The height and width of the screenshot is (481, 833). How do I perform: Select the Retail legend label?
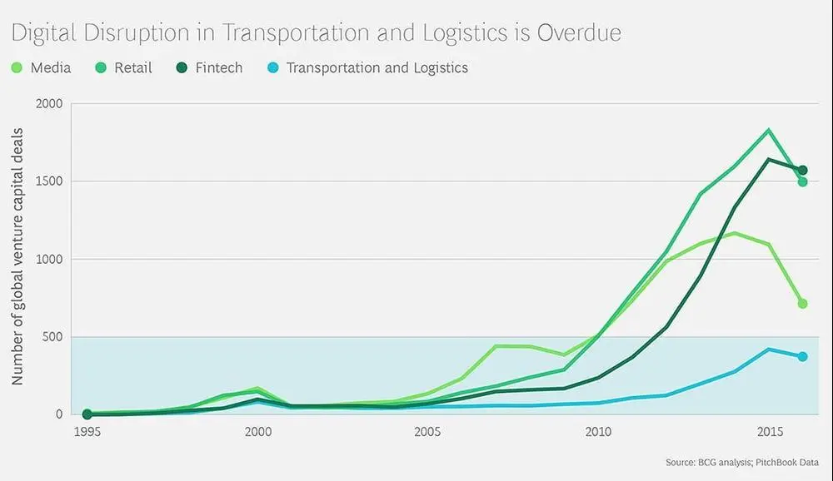[x=133, y=68]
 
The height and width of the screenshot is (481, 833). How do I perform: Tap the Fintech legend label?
[x=219, y=68]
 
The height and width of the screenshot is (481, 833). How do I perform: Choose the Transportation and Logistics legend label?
[x=377, y=68]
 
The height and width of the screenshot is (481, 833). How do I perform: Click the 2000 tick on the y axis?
[x=49, y=104]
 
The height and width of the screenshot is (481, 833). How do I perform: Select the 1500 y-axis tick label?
[x=49, y=181]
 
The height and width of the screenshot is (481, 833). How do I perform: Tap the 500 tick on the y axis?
[x=52, y=337]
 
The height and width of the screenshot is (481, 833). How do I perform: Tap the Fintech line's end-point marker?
[x=802, y=171]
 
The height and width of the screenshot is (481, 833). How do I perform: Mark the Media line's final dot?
[x=802, y=304]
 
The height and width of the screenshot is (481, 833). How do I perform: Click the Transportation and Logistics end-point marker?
[x=802, y=357]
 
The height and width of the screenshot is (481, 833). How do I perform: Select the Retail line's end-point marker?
[x=802, y=181]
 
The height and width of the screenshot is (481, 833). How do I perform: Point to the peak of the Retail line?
[x=768, y=130]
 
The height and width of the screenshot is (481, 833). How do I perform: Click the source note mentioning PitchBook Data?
[x=742, y=462]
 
